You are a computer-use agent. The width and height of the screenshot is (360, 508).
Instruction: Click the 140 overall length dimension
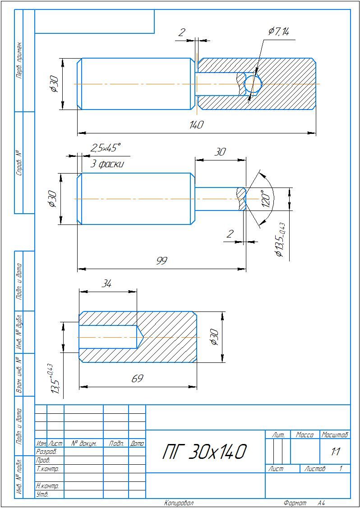pos(197,125)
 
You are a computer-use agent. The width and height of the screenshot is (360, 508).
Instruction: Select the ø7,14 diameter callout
pos(279,32)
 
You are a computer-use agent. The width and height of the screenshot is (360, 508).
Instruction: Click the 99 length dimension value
pos(162,261)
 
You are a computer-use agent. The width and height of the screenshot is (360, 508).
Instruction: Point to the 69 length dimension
pos(138,379)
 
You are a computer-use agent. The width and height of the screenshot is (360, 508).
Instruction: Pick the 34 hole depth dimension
pos(107,284)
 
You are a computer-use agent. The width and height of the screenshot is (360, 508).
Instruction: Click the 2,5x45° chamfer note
pos(105,148)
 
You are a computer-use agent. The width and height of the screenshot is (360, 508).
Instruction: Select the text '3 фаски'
pos(107,164)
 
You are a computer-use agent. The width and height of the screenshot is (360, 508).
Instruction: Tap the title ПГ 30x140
pos(204,452)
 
